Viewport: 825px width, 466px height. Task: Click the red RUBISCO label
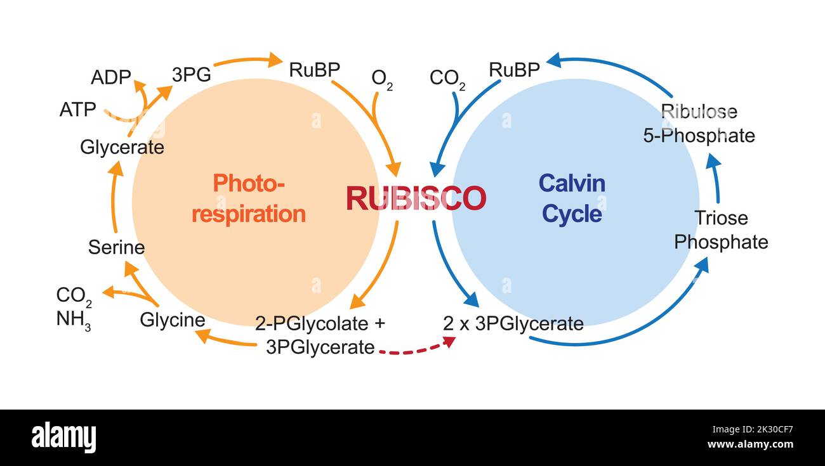pos(416,198)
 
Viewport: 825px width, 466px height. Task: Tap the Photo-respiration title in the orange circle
pos(249,199)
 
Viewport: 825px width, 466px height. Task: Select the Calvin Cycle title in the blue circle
pos(572,199)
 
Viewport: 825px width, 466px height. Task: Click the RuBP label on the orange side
pos(315,70)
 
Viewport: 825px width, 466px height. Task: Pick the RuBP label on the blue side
pos(514,70)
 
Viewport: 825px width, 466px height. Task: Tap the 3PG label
pos(191,75)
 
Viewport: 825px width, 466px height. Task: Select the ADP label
pos(110,78)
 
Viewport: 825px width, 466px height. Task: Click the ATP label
pos(78,110)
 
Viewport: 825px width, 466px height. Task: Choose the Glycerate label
pos(122,147)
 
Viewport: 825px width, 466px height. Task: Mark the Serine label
pos(116,247)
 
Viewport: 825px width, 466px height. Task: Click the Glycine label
pos(173,320)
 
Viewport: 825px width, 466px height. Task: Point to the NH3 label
pos(74,320)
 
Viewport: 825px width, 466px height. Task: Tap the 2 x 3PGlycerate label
pos(513,324)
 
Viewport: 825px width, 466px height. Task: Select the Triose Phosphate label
pos(721,230)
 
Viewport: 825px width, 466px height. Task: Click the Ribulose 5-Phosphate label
pos(699,124)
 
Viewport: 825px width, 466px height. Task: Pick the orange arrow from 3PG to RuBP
pos(247,61)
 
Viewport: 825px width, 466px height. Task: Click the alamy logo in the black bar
pos(63,438)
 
